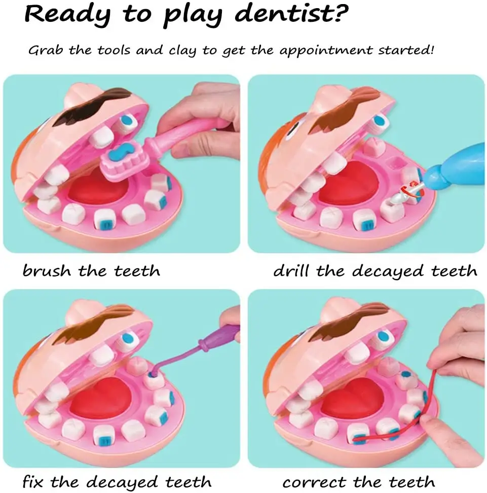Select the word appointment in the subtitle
pos(326,50)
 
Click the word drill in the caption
pos(291,271)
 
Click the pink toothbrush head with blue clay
pos(125,160)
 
